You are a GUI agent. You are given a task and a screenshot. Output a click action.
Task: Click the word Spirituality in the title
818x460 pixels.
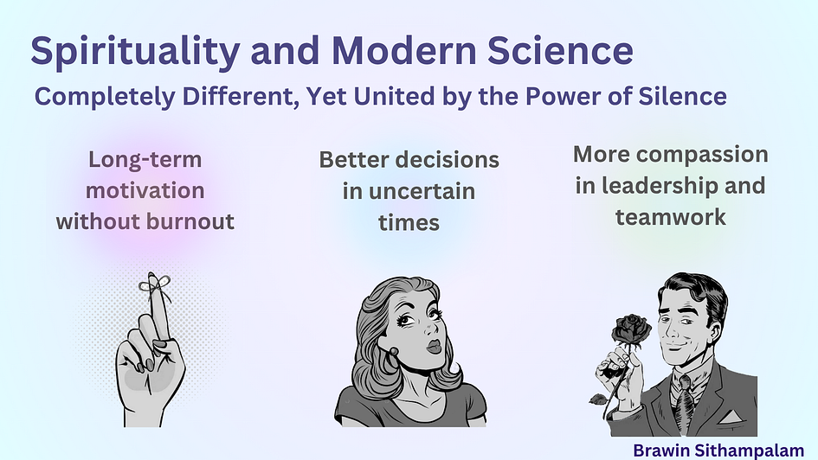pos(135,51)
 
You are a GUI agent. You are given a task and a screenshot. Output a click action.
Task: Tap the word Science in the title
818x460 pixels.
pos(561,50)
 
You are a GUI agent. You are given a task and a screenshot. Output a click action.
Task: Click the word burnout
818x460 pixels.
pos(190,221)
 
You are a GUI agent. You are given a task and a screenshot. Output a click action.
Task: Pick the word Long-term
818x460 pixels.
pos(145,159)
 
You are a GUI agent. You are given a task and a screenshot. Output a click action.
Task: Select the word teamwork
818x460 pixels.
pos(670,217)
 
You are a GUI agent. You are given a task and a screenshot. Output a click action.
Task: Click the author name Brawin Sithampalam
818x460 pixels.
pos(718,450)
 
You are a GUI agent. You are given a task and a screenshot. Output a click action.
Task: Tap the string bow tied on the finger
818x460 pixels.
pos(154,285)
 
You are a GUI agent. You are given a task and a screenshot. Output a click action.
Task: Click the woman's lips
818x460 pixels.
pos(434,346)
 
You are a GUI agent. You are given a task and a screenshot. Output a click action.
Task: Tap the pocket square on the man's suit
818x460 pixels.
pos(731,415)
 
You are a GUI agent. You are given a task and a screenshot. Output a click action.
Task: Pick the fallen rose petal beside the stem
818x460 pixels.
pos(598,399)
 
